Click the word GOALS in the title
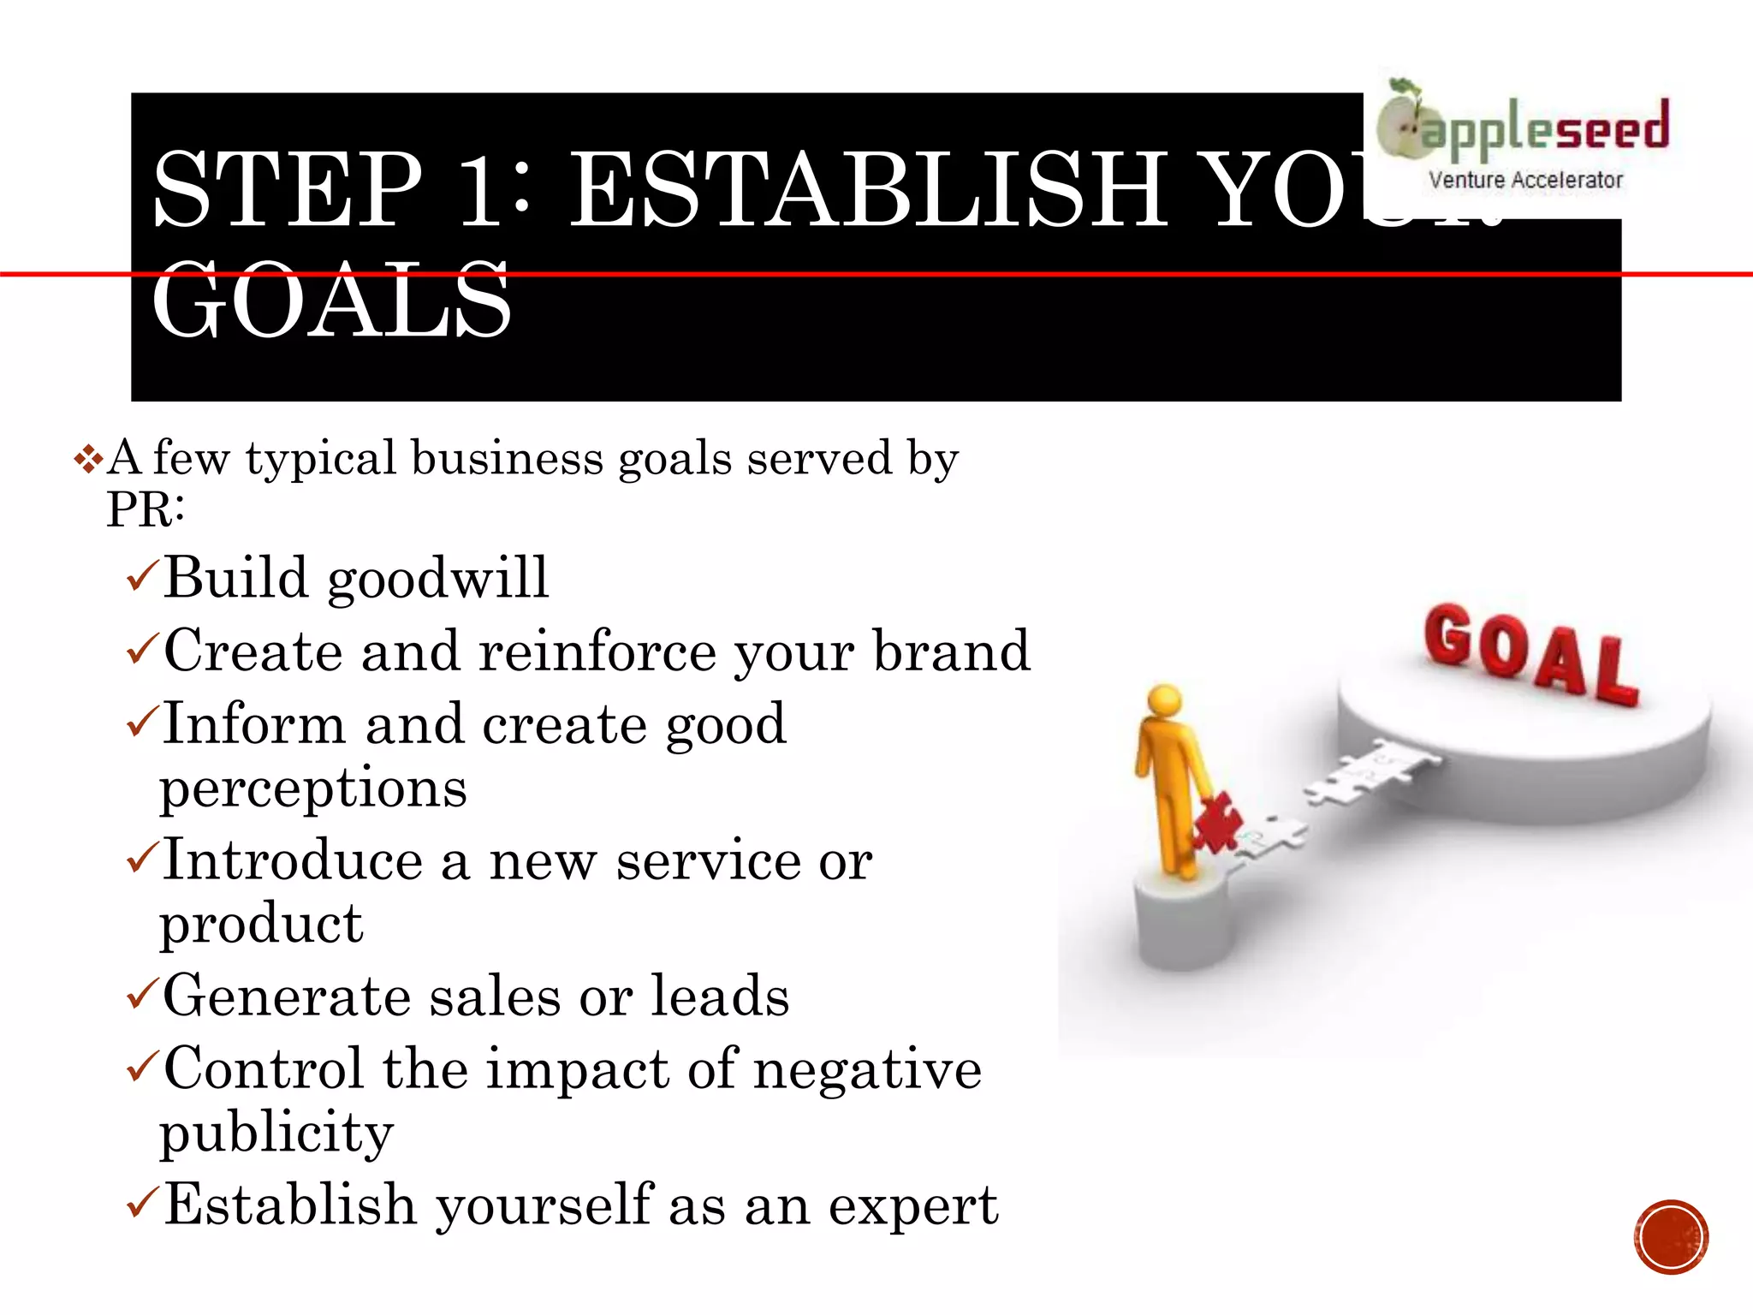(x=332, y=301)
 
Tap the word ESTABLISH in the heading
(x=868, y=190)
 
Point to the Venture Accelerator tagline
(x=1525, y=181)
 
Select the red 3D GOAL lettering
(x=1530, y=655)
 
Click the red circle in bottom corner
(x=1671, y=1237)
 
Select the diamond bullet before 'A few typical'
(x=88, y=461)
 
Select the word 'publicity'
(x=276, y=1134)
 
